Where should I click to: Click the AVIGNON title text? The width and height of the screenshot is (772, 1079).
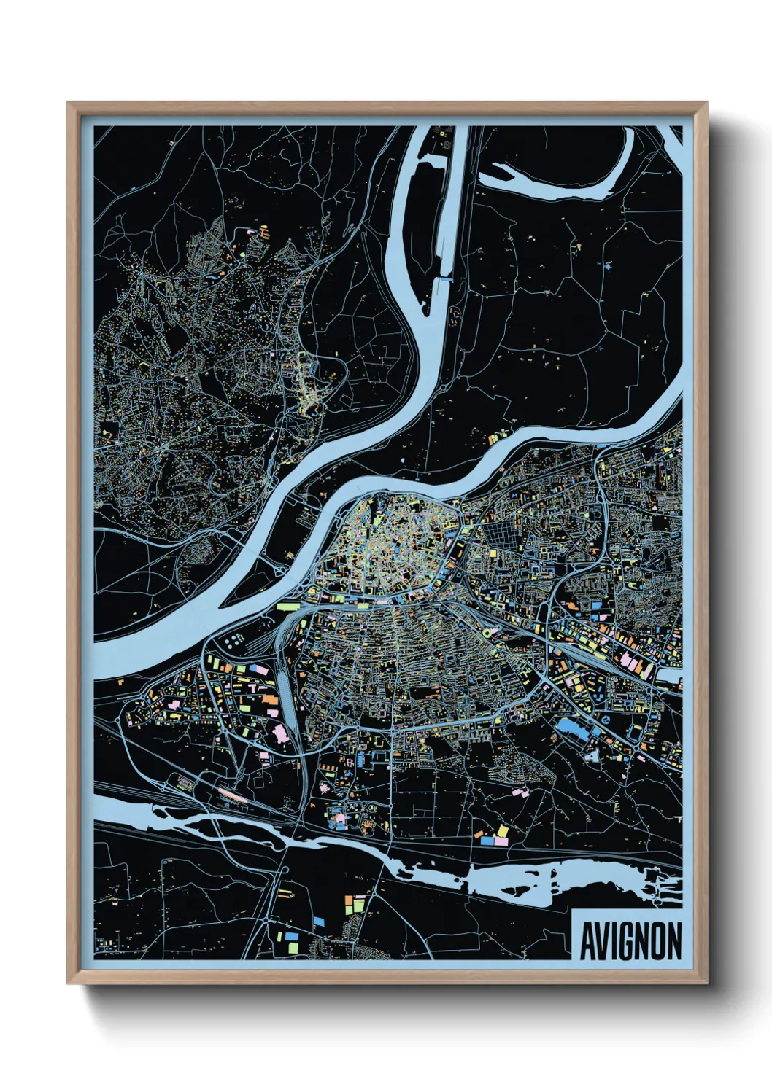pyautogui.click(x=630, y=941)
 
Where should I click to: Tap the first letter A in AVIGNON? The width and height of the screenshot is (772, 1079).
pyautogui.click(x=587, y=941)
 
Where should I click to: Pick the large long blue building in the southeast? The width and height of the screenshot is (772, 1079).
pyautogui.click(x=574, y=730)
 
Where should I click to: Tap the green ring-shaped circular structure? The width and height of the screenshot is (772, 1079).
pyautogui.click(x=487, y=633)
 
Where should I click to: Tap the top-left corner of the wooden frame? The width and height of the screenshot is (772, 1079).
pyautogui.click(x=68, y=103)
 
